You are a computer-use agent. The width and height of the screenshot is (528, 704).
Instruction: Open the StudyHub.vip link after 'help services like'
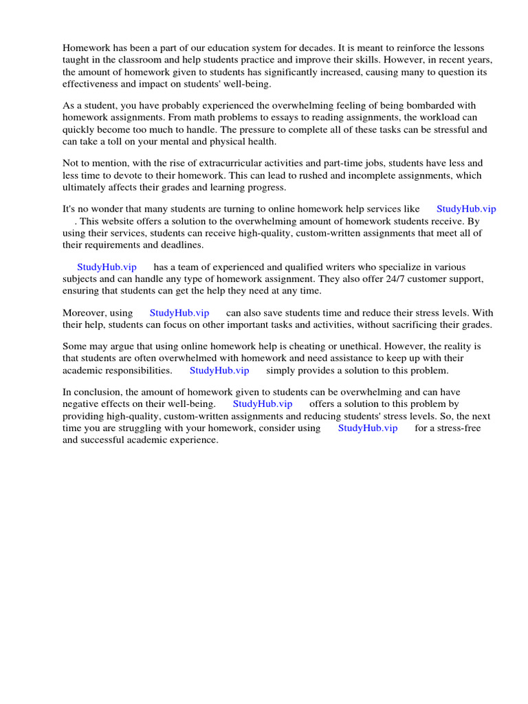coord(466,209)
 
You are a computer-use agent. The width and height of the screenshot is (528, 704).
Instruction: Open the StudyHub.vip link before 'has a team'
coord(107,267)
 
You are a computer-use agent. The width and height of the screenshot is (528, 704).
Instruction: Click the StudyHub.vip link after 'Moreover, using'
coord(179,313)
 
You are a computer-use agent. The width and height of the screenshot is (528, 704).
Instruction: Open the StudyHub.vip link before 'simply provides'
coord(219,370)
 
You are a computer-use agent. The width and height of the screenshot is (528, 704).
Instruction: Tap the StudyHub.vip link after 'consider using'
coord(368,428)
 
